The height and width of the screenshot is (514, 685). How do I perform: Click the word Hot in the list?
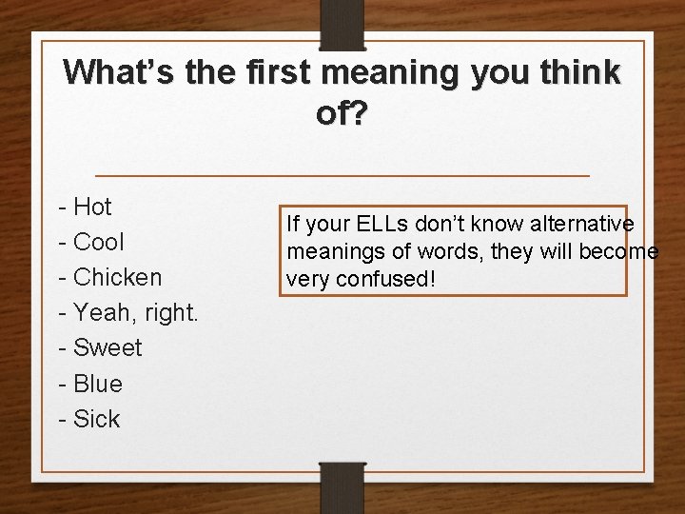(92, 207)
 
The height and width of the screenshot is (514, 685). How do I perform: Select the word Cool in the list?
(99, 242)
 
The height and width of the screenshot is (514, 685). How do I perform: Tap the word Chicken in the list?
(118, 277)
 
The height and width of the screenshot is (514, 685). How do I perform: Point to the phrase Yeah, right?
(136, 313)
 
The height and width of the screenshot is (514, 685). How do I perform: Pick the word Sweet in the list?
(108, 348)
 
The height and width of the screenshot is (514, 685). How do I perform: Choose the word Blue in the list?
(98, 384)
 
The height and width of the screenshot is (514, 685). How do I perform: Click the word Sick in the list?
(97, 419)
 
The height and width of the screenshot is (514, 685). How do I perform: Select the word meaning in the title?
(404, 71)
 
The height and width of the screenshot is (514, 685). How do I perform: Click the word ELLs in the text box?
(380, 224)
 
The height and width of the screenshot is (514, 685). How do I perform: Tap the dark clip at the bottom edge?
(342, 486)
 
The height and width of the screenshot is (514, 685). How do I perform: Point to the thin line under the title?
(342, 176)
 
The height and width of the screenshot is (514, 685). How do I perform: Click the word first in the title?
(285, 71)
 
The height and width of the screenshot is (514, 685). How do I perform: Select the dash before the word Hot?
(62, 207)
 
